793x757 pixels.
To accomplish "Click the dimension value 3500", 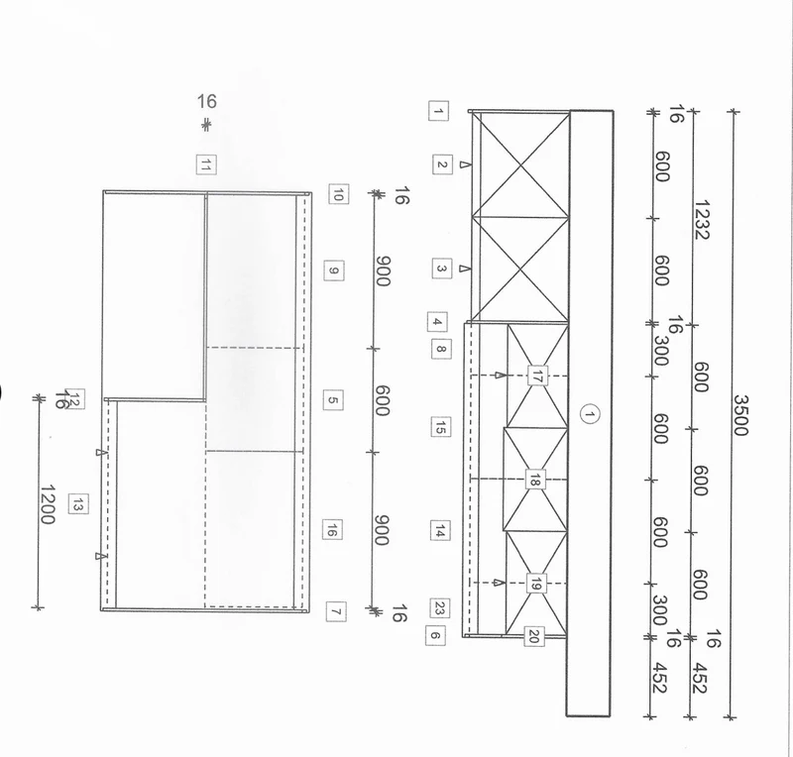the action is pos(739,415).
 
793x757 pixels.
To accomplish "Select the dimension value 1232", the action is pos(702,219).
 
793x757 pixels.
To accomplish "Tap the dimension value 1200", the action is pos(48,504).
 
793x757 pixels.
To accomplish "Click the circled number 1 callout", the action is pos(589,414).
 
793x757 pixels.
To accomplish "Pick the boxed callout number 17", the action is pos(536,376).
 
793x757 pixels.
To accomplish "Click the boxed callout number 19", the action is pos(535,584).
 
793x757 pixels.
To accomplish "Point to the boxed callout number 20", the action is pos(534,637).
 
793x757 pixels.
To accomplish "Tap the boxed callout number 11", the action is pos(206,164).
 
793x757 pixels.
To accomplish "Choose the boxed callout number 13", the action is pos(78,504).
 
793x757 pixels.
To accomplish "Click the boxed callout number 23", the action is pos(439,608).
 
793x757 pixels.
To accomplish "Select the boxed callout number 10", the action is pos(338,193).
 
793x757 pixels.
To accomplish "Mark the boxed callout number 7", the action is pos(336,612).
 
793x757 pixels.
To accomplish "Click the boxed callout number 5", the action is pos(333,400).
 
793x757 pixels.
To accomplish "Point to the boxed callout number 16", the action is pos(332,530).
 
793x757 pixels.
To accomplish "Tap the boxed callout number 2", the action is pos(442,164).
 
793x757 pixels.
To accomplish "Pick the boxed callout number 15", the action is pos(440,427).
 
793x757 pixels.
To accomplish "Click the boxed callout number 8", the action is pos(441,349).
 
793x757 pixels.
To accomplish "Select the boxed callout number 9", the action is pos(334,270).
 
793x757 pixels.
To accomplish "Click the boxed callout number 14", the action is pos(440,531).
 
